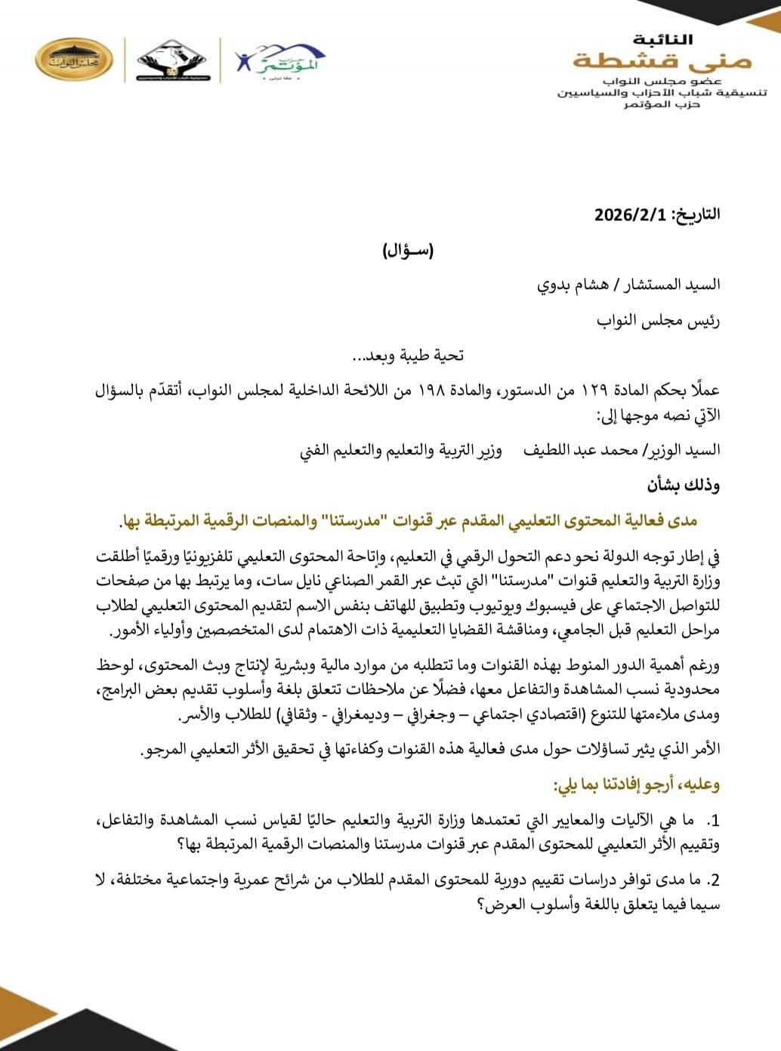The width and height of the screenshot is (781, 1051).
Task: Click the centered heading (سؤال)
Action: pos(409,251)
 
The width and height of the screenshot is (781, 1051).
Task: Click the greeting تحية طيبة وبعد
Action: pos(409,355)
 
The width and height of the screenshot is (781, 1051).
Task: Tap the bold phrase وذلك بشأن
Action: pos(684,485)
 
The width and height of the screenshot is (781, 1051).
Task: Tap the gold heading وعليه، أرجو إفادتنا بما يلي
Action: pos(637,785)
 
